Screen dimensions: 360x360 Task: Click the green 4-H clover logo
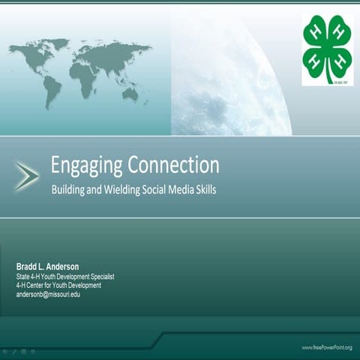[327, 48]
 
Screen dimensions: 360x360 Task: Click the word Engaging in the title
[83, 164]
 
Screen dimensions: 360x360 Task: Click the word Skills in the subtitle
[203, 190]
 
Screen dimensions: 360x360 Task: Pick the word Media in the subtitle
[177, 190]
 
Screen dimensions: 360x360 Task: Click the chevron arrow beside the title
[27, 175]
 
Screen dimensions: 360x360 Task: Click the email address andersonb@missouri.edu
[48, 295]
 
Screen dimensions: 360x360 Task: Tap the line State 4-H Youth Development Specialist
[64, 277]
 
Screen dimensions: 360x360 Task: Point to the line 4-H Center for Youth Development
[58, 286]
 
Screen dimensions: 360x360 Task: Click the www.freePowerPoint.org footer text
[326, 348]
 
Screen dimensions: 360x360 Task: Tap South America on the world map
[51, 88]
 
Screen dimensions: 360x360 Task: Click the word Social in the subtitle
[150, 190]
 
